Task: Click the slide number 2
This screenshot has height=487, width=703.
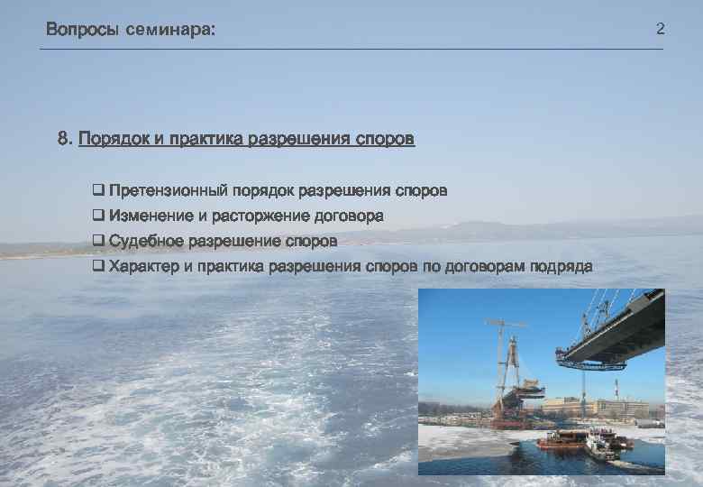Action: tap(660, 30)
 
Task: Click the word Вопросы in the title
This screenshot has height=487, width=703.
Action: tap(82, 30)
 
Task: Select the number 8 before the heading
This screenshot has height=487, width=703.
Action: tap(63, 140)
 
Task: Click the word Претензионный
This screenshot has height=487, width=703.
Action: tap(168, 191)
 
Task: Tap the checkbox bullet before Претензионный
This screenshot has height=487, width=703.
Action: tap(98, 191)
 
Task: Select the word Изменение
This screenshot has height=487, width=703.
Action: tap(151, 216)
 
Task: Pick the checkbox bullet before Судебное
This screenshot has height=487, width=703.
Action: tap(98, 241)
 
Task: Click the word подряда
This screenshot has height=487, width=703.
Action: tap(561, 266)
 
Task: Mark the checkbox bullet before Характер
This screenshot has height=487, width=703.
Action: tap(98, 266)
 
